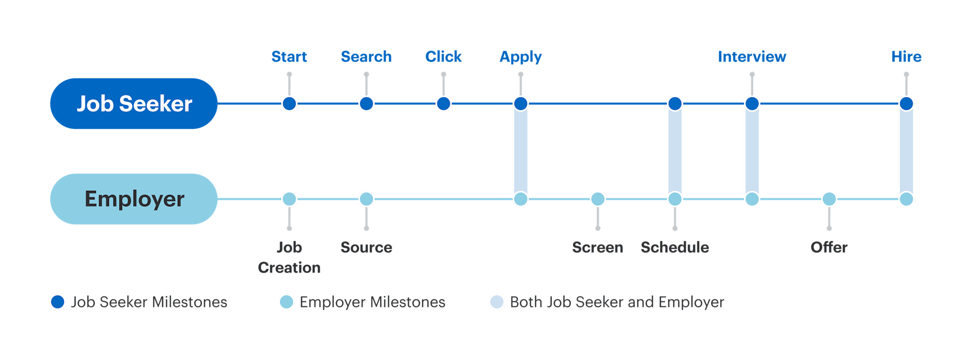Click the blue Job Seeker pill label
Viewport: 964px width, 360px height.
[x=134, y=103]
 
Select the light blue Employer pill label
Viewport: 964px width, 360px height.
[x=134, y=199]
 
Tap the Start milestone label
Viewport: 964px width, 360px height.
[x=289, y=57]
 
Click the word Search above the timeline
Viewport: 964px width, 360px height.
[x=366, y=57]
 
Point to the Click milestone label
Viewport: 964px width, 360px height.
[x=443, y=57]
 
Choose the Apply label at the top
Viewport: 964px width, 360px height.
[x=521, y=57]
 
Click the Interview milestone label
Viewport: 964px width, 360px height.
[x=752, y=57]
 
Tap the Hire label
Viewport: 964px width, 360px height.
[x=906, y=57]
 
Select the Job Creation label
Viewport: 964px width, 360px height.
[x=289, y=257]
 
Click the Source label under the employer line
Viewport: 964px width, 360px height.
[x=366, y=247]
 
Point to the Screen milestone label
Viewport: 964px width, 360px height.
[x=597, y=247]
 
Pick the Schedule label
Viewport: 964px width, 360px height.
[x=675, y=247]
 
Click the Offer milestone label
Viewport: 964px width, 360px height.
[x=829, y=247]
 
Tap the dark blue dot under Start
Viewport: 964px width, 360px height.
[x=289, y=104]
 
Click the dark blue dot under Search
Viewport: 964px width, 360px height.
[x=367, y=104]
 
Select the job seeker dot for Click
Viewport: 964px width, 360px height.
[x=443, y=104]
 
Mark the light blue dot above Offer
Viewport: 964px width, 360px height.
[x=829, y=199]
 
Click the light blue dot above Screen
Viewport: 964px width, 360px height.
[x=597, y=199]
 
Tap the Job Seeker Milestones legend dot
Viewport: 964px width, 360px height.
[x=58, y=302]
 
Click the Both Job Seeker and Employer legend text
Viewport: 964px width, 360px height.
[x=617, y=302]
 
